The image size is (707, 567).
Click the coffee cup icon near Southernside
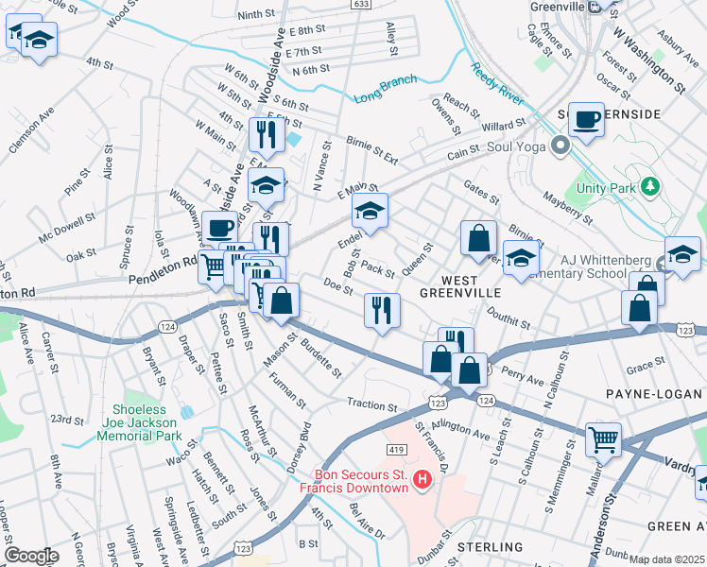click(586, 120)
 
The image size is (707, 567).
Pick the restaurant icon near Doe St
click(382, 310)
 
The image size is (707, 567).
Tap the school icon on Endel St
click(370, 210)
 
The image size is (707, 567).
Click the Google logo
click(31, 556)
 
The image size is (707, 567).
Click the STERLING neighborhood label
click(491, 547)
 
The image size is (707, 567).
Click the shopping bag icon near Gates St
click(479, 237)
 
